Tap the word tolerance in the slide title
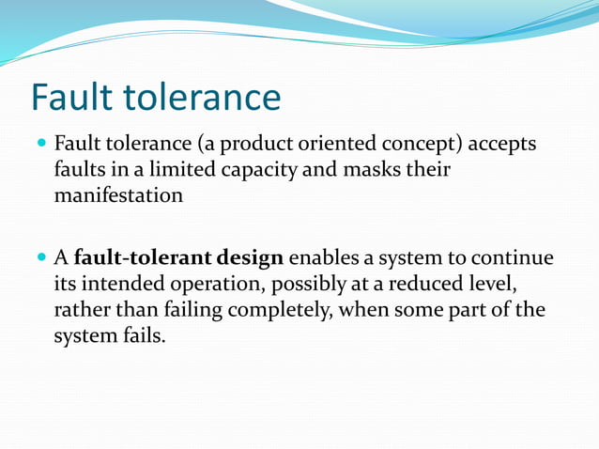click(203, 98)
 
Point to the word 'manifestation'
click(117, 196)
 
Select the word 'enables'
click(325, 258)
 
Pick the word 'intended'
click(118, 284)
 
